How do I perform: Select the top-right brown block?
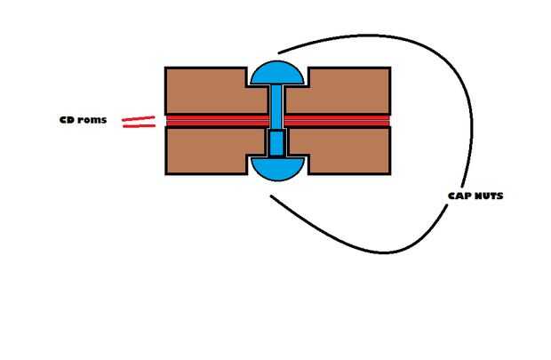click(346, 91)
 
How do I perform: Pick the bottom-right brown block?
click(346, 150)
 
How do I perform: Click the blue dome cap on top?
click(277, 73)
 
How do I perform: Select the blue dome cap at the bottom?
click(277, 169)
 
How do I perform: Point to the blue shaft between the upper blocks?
click(276, 107)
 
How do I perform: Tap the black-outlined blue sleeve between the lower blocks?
click(276, 143)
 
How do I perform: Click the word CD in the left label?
click(66, 120)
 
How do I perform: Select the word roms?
click(92, 120)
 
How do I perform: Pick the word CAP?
click(459, 196)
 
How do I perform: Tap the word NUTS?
click(489, 196)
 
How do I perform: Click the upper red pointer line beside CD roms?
click(138, 118)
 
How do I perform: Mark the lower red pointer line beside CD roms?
click(140, 125)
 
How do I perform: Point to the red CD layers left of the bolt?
click(218, 121)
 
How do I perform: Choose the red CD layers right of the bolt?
click(338, 121)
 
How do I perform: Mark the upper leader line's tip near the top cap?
click(278, 53)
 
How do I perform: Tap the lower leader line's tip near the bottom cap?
click(271, 196)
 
